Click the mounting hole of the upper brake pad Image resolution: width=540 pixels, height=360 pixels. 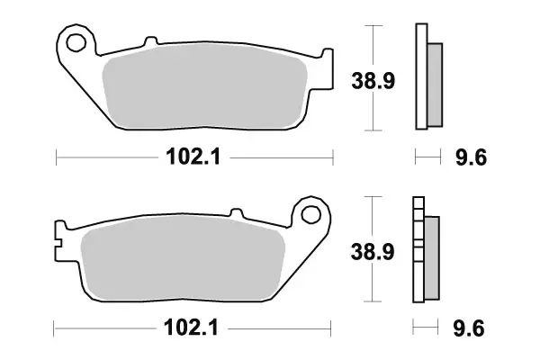(76, 42)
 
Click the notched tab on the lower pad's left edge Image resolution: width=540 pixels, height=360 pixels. (58, 240)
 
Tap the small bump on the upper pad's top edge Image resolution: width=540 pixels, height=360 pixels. (147, 41)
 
